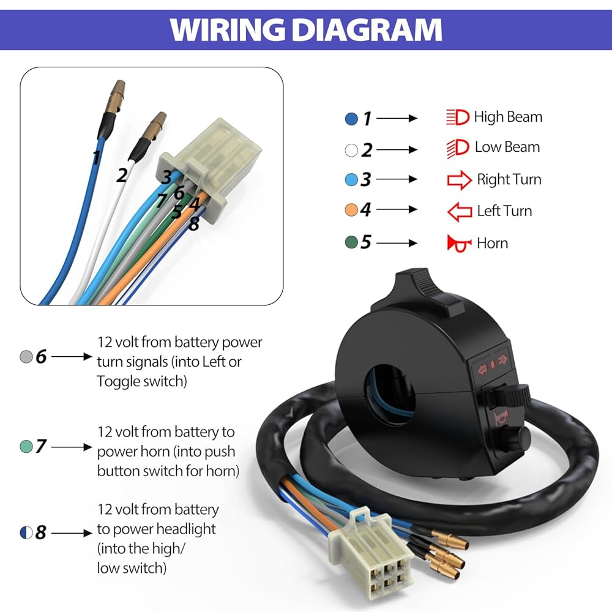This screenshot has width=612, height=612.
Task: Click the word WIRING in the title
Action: (227, 29)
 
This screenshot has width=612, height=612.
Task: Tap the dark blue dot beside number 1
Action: (351, 119)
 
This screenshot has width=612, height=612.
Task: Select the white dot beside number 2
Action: (351, 150)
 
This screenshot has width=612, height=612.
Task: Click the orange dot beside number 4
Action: (351, 210)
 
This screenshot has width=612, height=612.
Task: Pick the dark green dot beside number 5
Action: (351, 242)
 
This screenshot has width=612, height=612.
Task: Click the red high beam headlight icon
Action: (457, 117)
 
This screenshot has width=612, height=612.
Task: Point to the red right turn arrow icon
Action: (460, 180)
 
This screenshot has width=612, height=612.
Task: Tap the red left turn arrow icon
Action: (460, 212)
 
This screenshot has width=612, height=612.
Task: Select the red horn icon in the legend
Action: (458, 244)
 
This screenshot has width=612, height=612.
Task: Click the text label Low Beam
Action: (507, 147)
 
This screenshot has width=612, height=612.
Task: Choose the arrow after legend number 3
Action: (397, 179)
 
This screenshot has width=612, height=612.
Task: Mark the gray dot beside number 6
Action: (26, 356)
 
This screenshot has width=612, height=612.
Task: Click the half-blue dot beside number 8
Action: (26, 532)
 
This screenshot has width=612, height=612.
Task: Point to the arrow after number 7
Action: (72, 447)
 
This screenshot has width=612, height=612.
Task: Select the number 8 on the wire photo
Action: (194, 224)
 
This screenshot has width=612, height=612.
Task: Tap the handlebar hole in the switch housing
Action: (389, 394)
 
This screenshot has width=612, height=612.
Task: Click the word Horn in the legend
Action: (492, 243)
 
